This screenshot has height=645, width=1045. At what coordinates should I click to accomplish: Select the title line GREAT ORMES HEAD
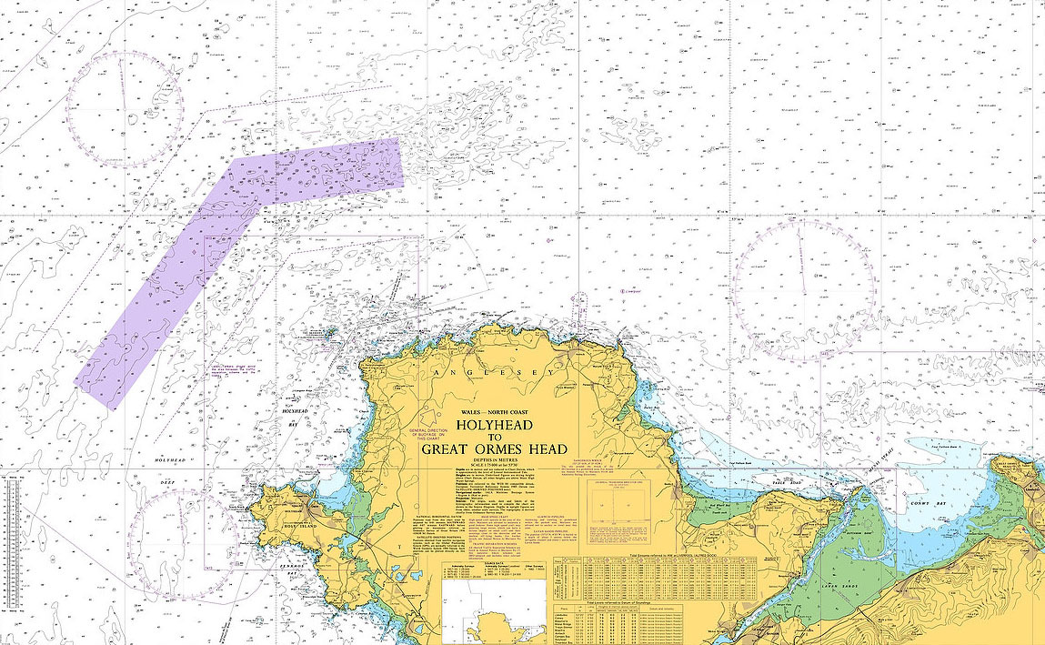[494, 449]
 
